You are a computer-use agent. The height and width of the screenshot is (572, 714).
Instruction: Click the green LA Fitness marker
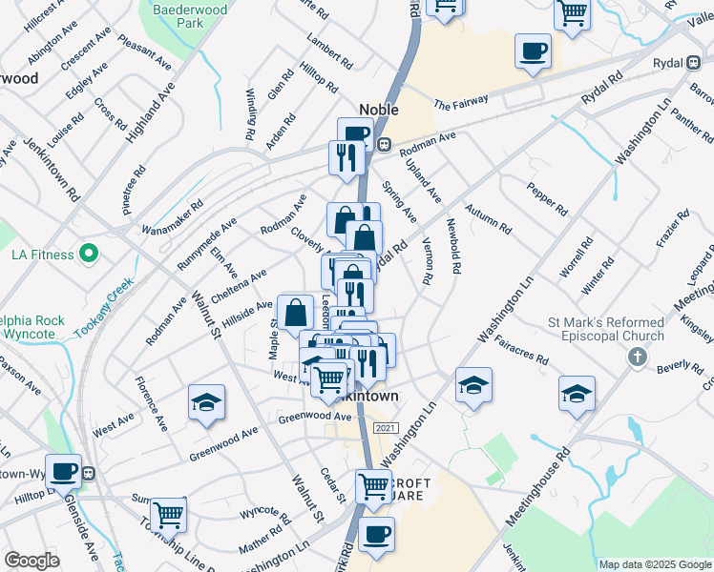coord(89,255)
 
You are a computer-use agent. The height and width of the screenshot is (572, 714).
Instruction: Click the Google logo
coord(31,561)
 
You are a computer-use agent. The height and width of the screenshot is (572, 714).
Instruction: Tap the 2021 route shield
coord(385,429)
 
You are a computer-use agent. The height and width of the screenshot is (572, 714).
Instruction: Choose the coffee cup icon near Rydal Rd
coord(533,51)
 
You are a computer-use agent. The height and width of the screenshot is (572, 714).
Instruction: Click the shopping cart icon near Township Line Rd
coord(168,516)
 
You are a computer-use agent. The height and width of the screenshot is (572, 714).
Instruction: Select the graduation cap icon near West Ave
coord(206,403)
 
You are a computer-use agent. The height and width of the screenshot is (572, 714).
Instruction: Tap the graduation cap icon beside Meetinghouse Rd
coord(577,393)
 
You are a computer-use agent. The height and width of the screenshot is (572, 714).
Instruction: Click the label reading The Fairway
coord(461,102)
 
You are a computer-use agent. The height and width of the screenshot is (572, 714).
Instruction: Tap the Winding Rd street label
coord(253,113)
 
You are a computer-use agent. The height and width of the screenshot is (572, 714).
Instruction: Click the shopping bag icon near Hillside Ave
coord(297,311)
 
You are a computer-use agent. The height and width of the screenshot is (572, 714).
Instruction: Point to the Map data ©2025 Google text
coord(654,564)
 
